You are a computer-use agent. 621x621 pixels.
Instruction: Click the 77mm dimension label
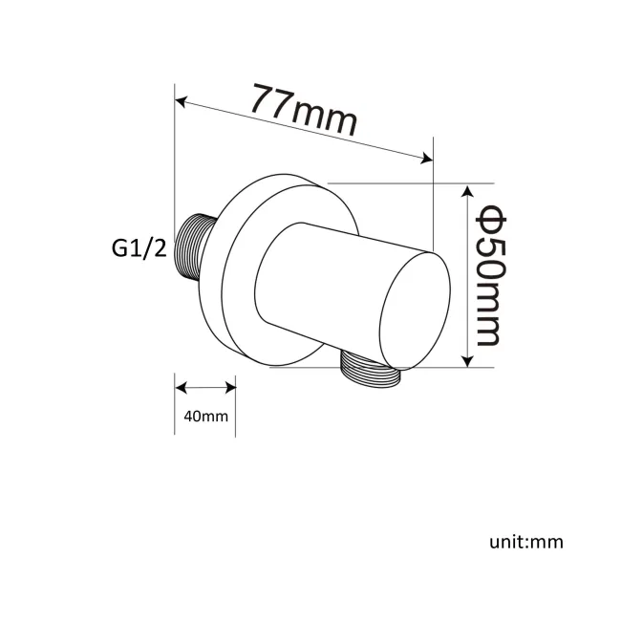pyautogui.click(x=304, y=110)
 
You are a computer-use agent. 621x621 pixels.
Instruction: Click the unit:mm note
pyautogui.click(x=526, y=542)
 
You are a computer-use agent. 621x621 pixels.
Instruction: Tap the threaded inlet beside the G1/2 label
pyautogui.click(x=195, y=246)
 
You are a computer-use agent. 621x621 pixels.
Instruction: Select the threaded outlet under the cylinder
pyautogui.click(x=370, y=371)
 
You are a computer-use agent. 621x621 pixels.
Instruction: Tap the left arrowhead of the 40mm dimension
pyautogui.click(x=181, y=387)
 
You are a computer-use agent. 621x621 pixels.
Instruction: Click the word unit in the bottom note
pyautogui.click(x=505, y=542)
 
